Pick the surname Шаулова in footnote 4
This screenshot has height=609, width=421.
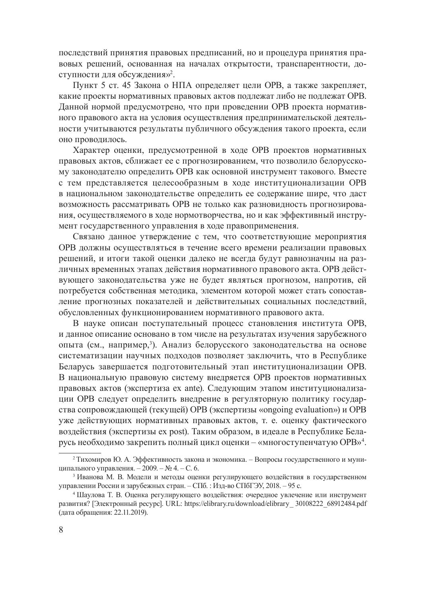[91, 495]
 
